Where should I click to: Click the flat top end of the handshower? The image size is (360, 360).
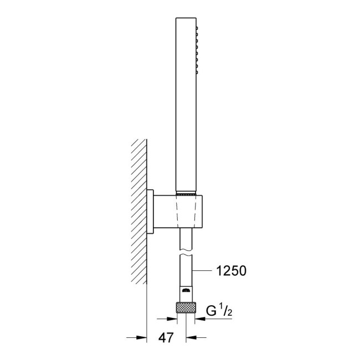coord(186,19)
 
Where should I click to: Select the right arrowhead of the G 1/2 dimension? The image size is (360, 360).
coord(202,319)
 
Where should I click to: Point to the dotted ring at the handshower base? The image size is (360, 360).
coord(186,194)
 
